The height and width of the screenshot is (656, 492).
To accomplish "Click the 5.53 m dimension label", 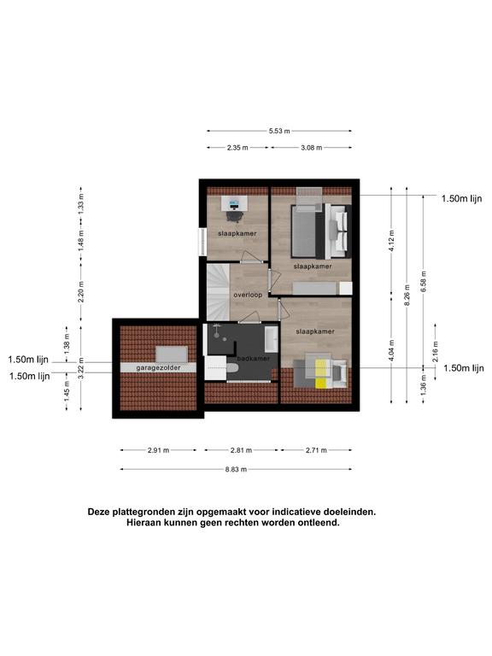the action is coord(279,131).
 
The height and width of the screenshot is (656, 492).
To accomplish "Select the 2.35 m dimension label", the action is coord(237,148).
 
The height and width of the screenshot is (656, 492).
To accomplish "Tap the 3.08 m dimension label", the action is coord(312,148).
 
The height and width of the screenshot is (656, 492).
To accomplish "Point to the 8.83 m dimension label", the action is coord(236,470).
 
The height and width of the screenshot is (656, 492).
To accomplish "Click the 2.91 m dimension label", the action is coord(159,451).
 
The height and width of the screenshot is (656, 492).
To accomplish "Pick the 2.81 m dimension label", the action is coord(242,451).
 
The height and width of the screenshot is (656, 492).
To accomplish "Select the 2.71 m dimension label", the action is coord(316,451).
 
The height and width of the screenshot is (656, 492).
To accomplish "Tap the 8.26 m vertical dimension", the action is coord(407,295).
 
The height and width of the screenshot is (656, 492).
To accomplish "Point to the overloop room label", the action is coord(248,295).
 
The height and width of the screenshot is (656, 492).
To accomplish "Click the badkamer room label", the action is coord(254,359).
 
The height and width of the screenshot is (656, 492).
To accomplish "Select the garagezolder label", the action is coord(158,368).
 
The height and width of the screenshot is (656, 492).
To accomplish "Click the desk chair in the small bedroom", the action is coord(234,215).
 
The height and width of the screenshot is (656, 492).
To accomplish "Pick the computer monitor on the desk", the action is coord(233,204).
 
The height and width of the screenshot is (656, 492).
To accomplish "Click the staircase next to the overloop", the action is coord(218,291).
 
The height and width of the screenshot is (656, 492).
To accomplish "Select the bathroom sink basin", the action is coord(272,338).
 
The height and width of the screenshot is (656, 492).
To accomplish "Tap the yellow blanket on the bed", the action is coord(321,372).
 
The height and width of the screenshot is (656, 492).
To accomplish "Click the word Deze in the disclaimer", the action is coord(98,512).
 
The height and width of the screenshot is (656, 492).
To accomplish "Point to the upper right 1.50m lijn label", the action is coord(462,199).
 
